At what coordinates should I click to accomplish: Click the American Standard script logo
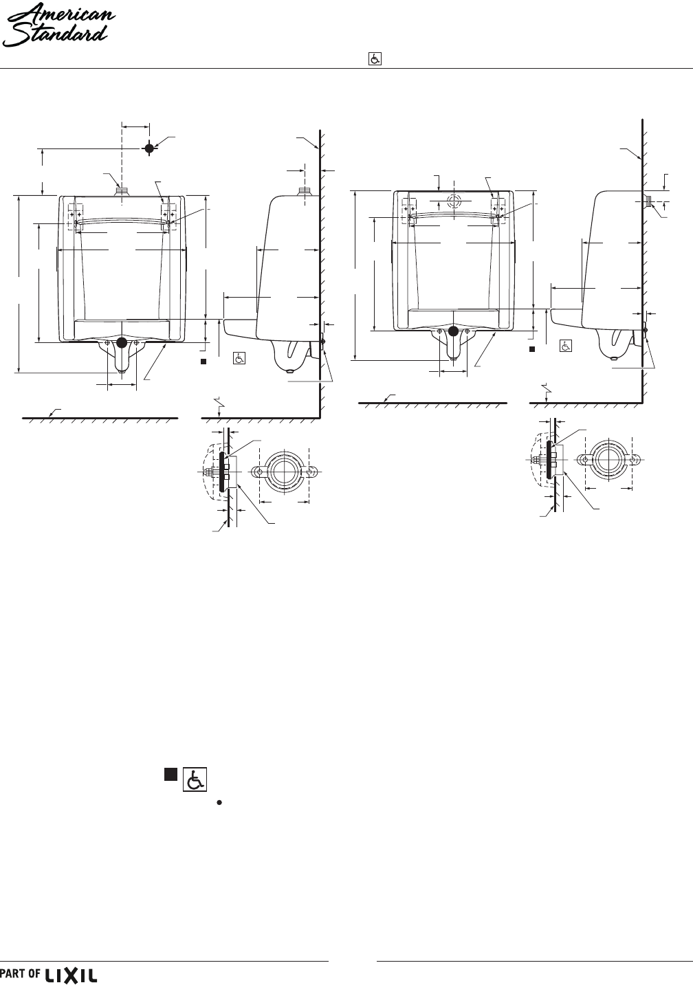58,25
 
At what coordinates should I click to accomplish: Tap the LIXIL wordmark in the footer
71,975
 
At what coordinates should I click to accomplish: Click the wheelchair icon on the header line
375,59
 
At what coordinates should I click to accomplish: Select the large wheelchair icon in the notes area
195,779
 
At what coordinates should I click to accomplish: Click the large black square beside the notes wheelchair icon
170,775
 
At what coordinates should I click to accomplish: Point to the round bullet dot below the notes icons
219,803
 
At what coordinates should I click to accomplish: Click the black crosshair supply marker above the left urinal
149,148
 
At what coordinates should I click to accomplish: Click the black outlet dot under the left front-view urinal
122,342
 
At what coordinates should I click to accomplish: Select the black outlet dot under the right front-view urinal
453,331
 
